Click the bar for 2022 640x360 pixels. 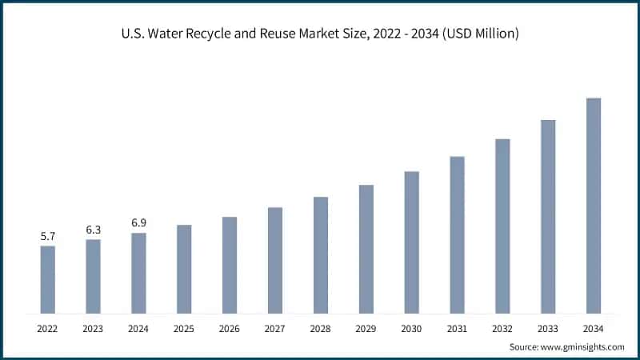point(48,279)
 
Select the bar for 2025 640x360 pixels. point(184,269)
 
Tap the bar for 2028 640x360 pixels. point(321,254)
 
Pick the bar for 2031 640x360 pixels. point(457,234)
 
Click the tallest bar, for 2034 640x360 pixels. point(593,206)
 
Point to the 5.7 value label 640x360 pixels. point(48,237)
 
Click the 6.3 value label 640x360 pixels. point(94,230)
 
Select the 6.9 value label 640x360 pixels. point(139,223)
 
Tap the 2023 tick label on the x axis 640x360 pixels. point(94,328)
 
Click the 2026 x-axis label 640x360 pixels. point(230,328)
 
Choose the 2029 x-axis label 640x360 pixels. point(366,328)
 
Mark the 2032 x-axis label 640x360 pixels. point(502,328)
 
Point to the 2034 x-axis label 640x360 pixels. point(593,328)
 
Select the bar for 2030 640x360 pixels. point(411,242)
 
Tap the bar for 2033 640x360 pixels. point(548,216)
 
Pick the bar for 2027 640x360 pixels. point(275,260)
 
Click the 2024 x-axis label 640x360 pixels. point(139,328)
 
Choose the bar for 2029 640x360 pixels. point(366,249)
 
